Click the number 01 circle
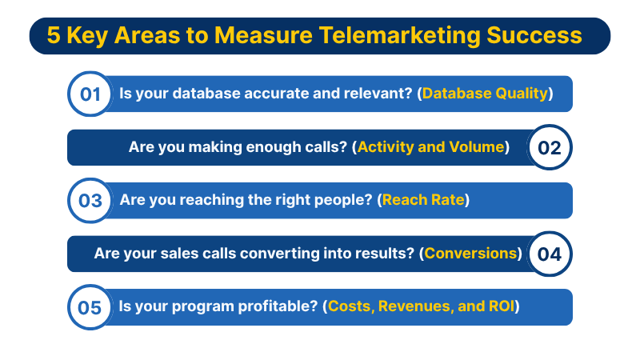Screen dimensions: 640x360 point(90,94)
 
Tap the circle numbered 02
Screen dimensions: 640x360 point(550,147)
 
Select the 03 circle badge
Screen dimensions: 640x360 point(90,201)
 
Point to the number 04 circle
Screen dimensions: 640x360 point(550,254)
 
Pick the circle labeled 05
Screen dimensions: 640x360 point(90,307)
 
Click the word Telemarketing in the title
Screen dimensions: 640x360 point(399,35)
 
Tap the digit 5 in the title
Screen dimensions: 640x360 point(54,35)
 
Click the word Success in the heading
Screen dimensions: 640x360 point(534,35)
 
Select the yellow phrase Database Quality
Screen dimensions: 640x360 point(485,94)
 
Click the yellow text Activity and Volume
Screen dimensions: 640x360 point(431,147)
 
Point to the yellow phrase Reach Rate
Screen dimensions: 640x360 point(423,200)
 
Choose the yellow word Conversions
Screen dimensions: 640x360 point(470,254)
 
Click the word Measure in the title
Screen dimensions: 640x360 point(263,35)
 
